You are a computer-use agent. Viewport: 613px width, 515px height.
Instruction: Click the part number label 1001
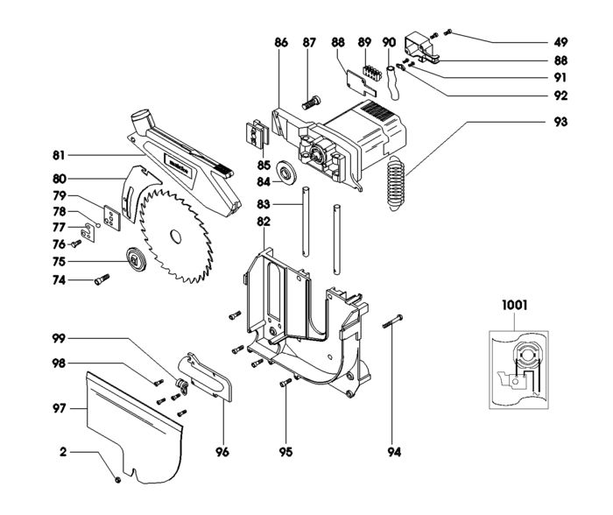coord(515,305)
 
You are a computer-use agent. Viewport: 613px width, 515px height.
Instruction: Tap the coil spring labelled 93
coord(395,183)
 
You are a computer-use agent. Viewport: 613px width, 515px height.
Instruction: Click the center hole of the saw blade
coord(175,237)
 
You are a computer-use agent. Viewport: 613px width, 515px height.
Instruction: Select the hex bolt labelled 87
coord(311,102)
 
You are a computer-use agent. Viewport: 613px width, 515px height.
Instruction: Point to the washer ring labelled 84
coord(285,173)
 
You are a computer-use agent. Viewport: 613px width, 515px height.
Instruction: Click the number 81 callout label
coord(59,155)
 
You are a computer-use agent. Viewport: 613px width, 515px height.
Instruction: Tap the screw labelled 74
coord(102,279)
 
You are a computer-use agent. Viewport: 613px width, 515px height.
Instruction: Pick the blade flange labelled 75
coord(137,259)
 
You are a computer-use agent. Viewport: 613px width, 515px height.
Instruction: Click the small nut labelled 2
coord(117,480)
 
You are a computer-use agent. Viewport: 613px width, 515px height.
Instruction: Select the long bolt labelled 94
coord(392,321)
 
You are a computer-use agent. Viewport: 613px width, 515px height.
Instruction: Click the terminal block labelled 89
coord(372,73)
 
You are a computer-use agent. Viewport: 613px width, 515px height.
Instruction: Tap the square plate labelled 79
coord(112,218)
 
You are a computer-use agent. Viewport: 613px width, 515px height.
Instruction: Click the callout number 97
coord(59,409)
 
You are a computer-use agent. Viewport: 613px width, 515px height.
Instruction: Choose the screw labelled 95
coord(285,383)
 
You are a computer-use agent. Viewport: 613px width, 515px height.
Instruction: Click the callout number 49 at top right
coord(560,42)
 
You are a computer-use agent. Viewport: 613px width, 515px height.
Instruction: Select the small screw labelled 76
coord(76,243)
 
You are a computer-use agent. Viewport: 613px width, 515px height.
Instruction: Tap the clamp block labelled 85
coord(256,135)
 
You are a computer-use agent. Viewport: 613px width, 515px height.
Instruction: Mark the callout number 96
coord(222,452)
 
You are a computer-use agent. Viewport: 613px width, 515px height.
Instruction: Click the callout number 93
coord(560,122)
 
